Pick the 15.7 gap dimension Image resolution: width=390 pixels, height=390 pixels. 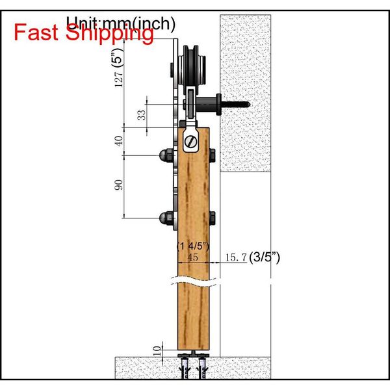[235, 258]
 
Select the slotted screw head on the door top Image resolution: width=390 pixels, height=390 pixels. [191, 138]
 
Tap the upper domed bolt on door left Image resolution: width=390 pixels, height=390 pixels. [162, 156]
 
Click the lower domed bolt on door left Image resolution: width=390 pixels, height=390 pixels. [162, 216]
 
